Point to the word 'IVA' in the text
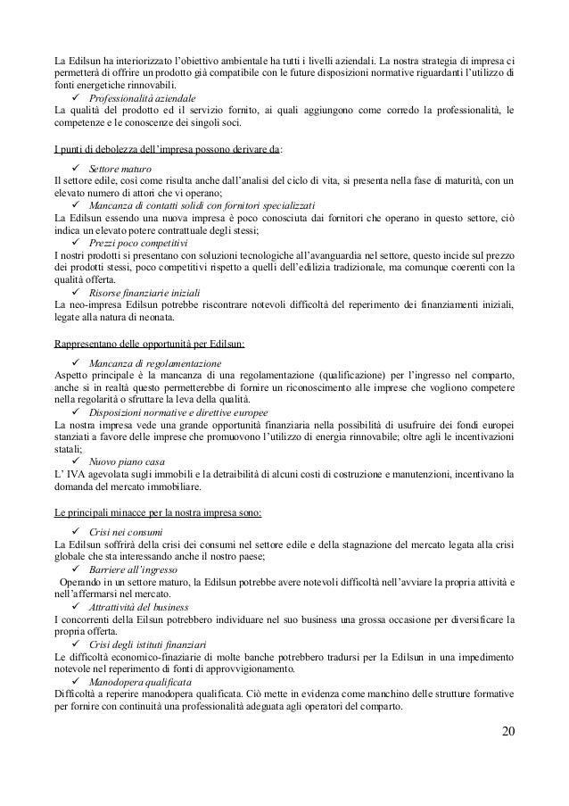[75, 475]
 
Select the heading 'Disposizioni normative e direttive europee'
[181, 412]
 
